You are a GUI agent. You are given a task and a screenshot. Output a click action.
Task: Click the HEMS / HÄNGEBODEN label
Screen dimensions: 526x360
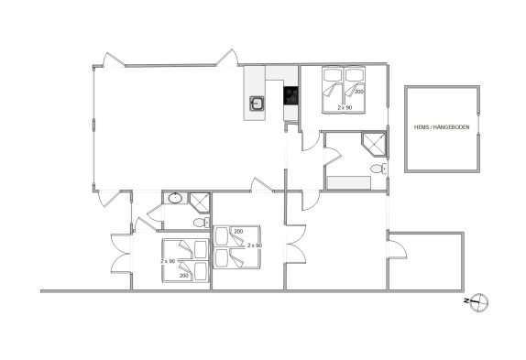tap(442, 127)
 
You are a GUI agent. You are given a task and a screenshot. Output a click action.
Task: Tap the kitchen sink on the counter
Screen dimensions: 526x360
tap(257, 103)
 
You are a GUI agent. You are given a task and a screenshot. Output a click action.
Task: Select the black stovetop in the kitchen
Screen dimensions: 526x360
tap(290, 95)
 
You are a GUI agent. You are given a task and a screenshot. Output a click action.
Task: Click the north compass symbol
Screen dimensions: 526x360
tap(477, 302)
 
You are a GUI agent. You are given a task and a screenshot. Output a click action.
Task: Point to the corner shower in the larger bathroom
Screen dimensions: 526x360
tap(374, 145)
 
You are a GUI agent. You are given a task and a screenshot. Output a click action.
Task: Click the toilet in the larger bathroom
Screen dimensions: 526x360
tap(378, 169)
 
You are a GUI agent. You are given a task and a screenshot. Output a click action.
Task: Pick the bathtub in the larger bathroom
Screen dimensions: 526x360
tap(349, 183)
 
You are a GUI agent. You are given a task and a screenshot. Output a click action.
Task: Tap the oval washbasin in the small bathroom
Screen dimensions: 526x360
tap(175, 198)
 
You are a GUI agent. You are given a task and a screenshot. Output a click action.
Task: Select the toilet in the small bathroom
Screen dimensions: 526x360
tap(202, 223)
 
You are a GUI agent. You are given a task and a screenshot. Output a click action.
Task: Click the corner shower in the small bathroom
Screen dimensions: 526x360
tap(200, 202)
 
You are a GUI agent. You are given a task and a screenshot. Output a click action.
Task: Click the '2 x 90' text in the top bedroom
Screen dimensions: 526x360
tap(345, 107)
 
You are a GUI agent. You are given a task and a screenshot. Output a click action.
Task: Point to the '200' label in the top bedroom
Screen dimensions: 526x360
tap(359, 92)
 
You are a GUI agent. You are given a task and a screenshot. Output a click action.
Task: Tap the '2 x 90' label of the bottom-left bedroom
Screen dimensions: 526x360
tap(168, 261)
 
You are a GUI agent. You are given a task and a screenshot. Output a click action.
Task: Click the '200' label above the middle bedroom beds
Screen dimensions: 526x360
tap(238, 231)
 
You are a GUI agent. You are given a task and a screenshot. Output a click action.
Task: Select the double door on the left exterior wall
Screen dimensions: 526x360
tap(121, 254)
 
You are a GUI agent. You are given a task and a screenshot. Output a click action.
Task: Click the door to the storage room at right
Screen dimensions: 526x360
tap(398, 249)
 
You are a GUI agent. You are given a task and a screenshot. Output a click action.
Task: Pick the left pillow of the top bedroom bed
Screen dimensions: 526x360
tap(331, 75)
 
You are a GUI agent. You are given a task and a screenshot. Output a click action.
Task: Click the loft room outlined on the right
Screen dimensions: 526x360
tap(442, 129)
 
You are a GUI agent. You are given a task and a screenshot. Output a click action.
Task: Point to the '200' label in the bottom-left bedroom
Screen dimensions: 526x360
tap(184, 276)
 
